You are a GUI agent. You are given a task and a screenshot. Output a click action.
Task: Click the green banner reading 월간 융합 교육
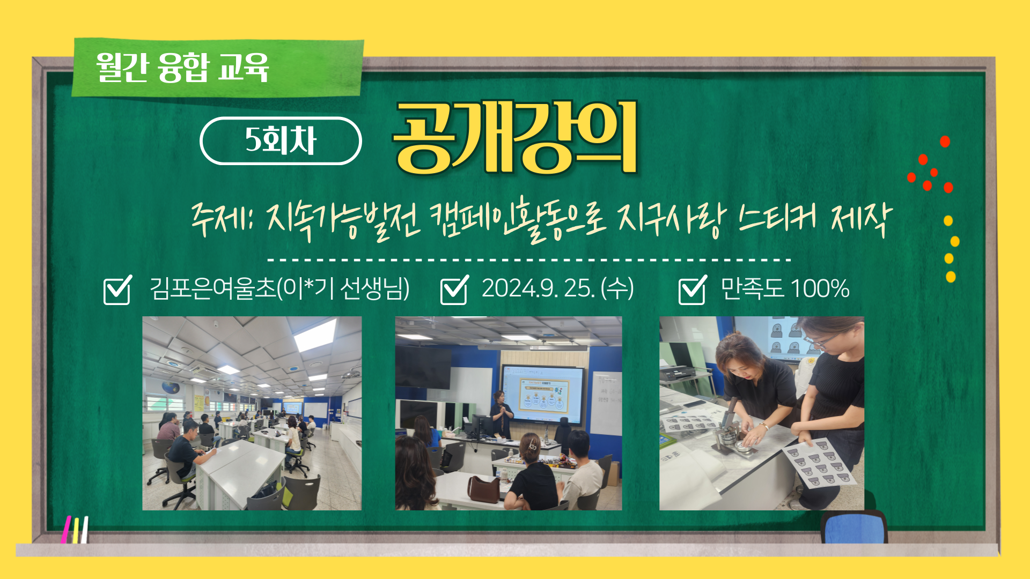(218, 68)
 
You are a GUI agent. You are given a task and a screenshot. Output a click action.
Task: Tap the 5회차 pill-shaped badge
(281, 140)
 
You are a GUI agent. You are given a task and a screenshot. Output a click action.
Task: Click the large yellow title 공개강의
(515, 138)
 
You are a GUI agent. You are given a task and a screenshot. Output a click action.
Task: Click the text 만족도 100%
(785, 288)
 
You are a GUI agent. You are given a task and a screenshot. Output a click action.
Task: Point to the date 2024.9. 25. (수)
(557, 288)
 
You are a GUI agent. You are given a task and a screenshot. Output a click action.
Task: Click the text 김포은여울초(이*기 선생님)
(279, 288)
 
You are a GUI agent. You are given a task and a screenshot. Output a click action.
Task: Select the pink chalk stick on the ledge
(65, 530)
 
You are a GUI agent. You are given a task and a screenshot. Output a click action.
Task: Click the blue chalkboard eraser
(854, 527)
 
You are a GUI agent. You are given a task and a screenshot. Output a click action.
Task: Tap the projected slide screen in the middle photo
(542, 395)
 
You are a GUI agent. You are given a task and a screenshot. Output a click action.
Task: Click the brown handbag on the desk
(483, 488)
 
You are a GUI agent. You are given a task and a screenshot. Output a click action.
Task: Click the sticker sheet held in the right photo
(819, 463)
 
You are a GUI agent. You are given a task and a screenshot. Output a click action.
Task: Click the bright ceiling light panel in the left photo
(315, 335)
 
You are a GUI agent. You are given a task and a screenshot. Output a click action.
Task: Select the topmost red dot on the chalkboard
(945, 142)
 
